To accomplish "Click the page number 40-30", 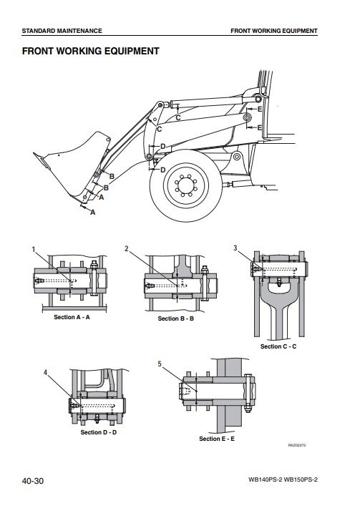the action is (x=33, y=481).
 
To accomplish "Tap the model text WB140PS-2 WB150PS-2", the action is (x=283, y=480).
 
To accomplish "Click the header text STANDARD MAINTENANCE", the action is (x=62, y=31).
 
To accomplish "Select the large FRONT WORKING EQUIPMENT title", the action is (x=91, y=51).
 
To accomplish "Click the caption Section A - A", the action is (x=72, y=317).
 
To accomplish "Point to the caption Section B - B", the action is (x=175, y=318).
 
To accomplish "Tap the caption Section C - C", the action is (x=278, y=346).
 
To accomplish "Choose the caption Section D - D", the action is (x=98, y=432).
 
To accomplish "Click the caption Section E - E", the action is (x=217, y=439).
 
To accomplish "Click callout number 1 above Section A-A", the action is (x=33, y=250).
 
